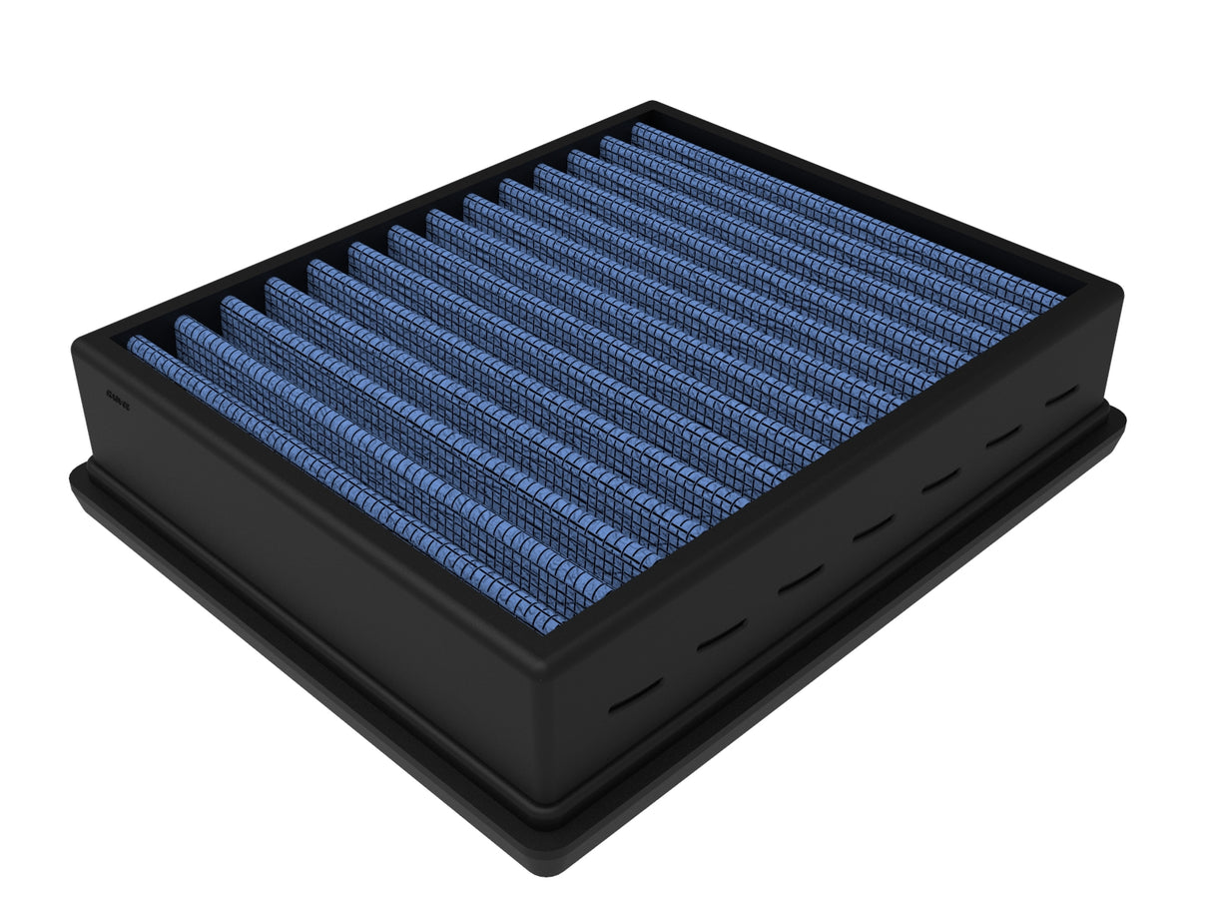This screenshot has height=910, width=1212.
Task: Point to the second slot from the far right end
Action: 1002,437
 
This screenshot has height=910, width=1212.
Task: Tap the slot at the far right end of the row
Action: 1061,395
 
